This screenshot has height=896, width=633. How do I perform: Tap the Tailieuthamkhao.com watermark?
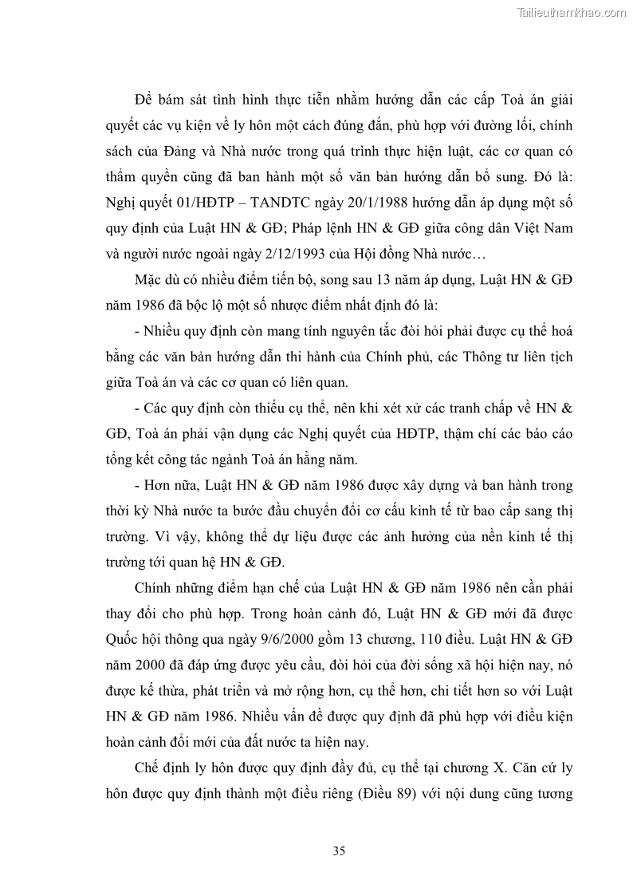(x=572, y=12)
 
